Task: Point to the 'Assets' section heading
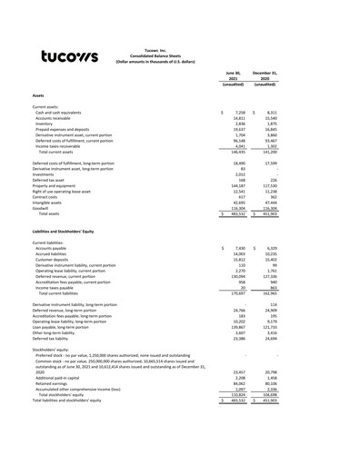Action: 38,95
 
